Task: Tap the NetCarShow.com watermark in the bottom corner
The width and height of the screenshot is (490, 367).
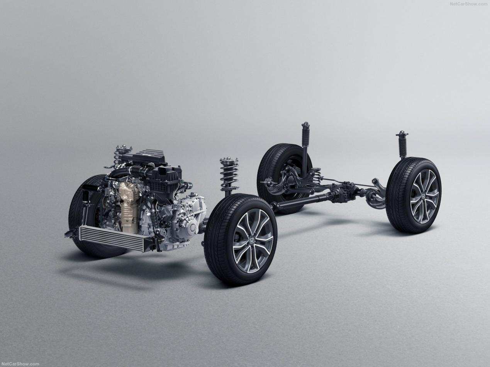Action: pyautogui.click(x=20, y=364)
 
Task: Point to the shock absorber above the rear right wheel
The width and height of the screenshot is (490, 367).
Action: pyautogui.click(x=402, y=145)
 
